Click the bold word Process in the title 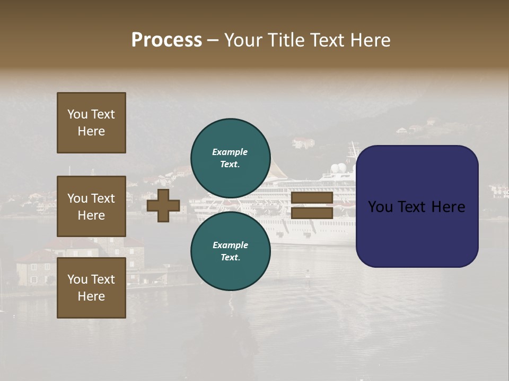point(166,40)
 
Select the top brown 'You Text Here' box point(91,123)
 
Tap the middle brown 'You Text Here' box point(91,206)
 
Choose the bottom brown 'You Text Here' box point(91,287)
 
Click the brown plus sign point(163,205)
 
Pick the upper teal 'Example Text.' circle point(230,158)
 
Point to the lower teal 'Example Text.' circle point(230,251)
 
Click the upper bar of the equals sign point(312,198)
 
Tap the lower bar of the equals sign point(312,213)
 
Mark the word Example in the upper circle point(230,152)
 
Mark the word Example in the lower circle point(230,245)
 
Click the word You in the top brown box point(77,114)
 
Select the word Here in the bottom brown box point(91,296)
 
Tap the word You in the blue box point(380,206)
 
